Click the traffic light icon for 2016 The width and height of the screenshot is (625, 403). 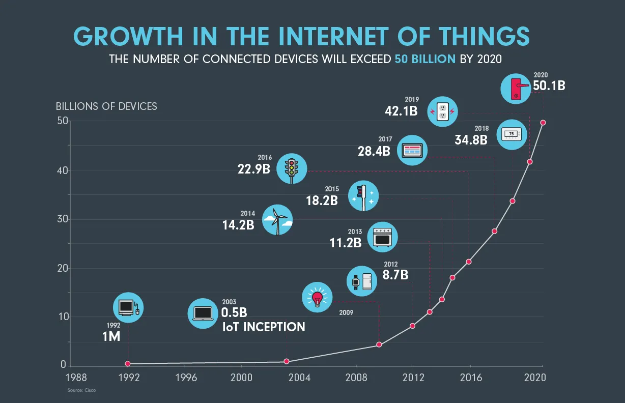pyautogui.click(x=292, y=168)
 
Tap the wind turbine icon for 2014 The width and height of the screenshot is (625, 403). pyautogui.click(x=277, y=220)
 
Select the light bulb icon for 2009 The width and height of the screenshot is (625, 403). pyautogui.click(x=318, y=298)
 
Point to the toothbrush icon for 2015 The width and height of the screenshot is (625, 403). pyautogui.click(x=363, y=196)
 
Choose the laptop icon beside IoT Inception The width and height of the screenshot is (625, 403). pyautogui.click(x=203, y=313)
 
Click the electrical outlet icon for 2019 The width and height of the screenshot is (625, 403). pyautogui.click(x=442, y=111)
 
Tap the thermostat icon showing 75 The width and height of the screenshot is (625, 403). pyautogui.click(x=511, y=134)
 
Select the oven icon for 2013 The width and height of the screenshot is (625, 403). pyautogui.click(x=382, y=237)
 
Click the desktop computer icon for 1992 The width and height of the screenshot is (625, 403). pyautogui.click(x=128, y=307)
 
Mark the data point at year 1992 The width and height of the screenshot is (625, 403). pyautogui.click(x=128, y=363)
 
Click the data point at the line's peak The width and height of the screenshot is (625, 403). pyautogui.click(x=543, y=123)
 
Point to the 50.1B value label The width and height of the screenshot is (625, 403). pyautogui.click(x=549, y=85)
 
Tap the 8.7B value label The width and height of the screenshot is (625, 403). pyautogui.click(x=395, y=275)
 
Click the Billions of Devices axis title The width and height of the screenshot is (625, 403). pyautogui.click(x=106, y=106)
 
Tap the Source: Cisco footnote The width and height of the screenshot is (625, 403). pyautogui.click(x=81, y=391)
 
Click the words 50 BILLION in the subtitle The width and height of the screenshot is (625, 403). pyautogui.click(x=425, y=59)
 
